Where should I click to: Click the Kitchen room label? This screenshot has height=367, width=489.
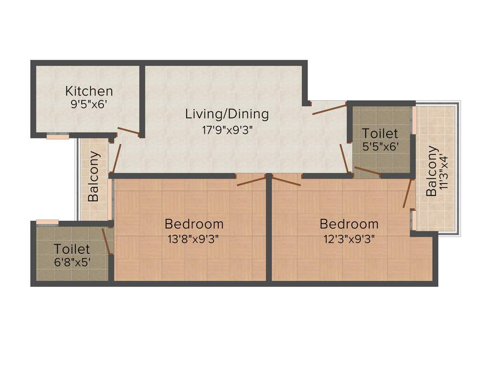[89, 91]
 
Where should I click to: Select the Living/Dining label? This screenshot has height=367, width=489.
[227, 114]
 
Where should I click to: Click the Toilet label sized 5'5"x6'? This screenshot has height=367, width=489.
[380, 133]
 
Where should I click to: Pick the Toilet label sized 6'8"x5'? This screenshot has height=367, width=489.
[72, 249]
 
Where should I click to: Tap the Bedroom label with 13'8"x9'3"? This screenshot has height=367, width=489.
[194, 224]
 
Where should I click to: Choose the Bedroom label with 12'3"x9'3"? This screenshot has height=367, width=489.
[349, 224]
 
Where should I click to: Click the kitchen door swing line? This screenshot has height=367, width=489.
[128, 131]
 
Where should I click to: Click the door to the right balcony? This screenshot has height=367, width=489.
[407, 194]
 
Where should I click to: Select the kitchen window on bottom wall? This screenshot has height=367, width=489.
[57, 137]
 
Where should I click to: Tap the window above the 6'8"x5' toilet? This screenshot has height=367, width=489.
[47, 222]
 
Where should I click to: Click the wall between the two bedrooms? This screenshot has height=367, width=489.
[269, 229]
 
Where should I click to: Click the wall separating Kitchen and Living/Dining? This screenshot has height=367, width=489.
[142, 96]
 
